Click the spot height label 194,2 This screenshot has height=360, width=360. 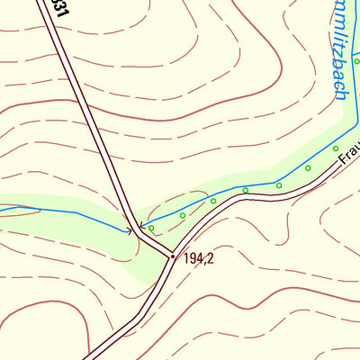tap(199, 259)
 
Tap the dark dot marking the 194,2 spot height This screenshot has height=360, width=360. tap(173, 257)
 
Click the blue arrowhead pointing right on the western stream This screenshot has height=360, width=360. tap(129, 231)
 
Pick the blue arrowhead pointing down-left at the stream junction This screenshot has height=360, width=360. tap(141, 226)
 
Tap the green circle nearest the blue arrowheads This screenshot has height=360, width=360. tap(151, 229)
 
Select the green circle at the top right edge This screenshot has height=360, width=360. tap(356, 61)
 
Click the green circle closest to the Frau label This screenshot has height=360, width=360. tap(335, 148)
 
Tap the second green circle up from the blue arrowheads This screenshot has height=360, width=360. tap(183, 216)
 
